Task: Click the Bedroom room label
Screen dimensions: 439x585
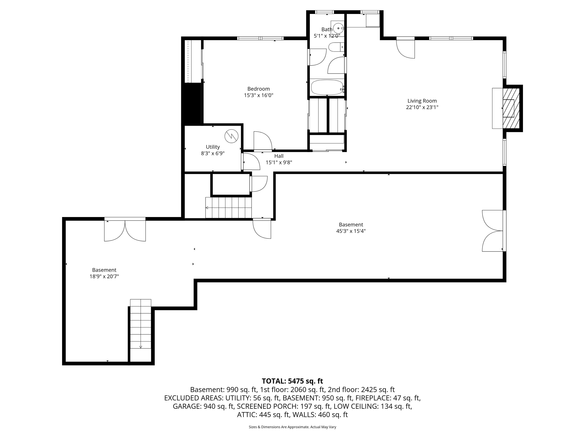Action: [258, 89]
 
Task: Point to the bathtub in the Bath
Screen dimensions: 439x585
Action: [327, 87]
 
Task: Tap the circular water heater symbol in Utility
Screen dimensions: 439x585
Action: [231, 136]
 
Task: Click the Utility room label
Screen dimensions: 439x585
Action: [213, 147]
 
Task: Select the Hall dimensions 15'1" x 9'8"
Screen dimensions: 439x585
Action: [279, 163]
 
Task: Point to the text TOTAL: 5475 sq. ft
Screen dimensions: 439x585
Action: [292, 381]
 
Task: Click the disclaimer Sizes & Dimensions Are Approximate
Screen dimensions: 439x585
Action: [292, 427]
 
